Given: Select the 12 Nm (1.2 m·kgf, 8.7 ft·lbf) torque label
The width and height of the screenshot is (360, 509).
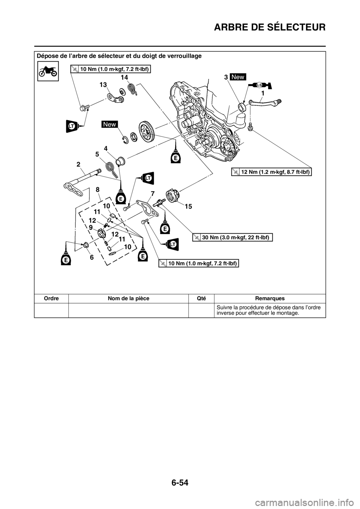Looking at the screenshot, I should (x=271, y=172).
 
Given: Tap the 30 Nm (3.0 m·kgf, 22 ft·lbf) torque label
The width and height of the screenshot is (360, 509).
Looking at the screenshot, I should (x=232, y=237).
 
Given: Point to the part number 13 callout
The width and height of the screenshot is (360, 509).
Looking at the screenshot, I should (x=103, y=85).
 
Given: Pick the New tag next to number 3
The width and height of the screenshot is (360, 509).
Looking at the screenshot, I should (x=238, y=77).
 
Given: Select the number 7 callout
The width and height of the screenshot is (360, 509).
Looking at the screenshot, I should (x=153, y=193).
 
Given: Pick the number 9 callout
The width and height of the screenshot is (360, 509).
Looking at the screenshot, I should (x=91, y=227).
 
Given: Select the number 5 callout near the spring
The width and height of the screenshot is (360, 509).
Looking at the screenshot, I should (x=97, y=154).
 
